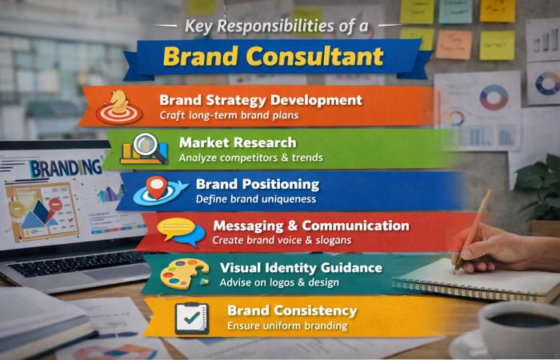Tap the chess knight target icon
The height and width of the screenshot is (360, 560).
tap(119, 106)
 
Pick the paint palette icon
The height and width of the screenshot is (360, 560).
tap(184, 274)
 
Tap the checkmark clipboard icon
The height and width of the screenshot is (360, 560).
tap(191, 317)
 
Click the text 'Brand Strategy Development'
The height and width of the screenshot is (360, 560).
tap(260, 101)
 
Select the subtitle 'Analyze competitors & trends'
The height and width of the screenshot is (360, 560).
tap(250, 158)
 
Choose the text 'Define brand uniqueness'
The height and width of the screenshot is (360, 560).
tap(256, 199)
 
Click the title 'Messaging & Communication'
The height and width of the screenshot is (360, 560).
tap(310, 226)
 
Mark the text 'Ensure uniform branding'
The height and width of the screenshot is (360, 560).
tap(286, 326)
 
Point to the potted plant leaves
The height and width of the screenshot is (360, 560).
tap(540, 184)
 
